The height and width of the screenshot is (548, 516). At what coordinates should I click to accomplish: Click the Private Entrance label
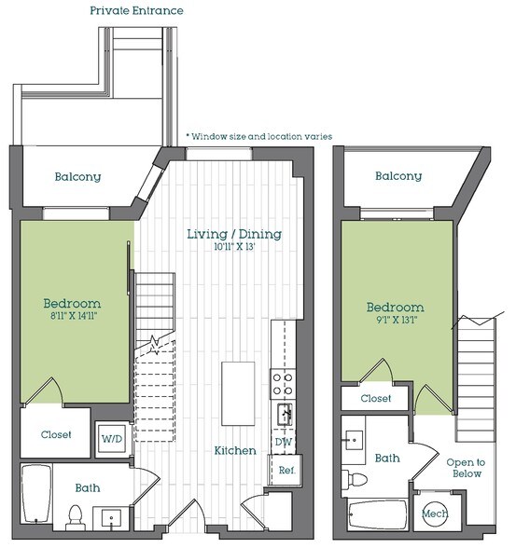coord(136,10)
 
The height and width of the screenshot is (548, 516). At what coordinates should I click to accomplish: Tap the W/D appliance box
coord(112,439)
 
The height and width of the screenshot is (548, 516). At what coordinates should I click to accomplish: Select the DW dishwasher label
coord(284,442)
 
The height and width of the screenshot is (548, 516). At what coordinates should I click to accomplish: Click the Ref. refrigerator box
coord(286,470)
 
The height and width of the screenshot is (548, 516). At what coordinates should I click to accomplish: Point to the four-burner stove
coord(283,384)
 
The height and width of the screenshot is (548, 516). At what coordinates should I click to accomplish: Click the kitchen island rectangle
coord(238,393)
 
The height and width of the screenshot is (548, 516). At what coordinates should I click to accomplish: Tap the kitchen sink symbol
coord(286,414)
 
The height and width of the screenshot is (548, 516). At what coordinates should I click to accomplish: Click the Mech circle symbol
coord(435,513)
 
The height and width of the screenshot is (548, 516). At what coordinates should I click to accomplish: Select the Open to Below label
coord(466,468)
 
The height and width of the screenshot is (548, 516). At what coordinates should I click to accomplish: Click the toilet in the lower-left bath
coord(75,517)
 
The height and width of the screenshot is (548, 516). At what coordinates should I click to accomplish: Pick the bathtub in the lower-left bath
coord(35,494)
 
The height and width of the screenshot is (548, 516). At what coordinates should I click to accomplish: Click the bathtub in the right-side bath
coord(378,514)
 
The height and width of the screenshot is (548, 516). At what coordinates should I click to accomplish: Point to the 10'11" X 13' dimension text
coord(234,247)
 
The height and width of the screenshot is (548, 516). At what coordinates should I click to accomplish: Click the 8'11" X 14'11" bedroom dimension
coord(74,316)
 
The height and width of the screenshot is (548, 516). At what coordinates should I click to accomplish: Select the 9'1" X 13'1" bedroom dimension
coord(397,320)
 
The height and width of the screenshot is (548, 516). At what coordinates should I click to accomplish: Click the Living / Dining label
coord(234,234)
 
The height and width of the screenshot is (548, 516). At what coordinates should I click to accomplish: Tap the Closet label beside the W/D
coord(56,434)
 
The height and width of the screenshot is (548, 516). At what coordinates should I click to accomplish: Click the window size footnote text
coord(258,136)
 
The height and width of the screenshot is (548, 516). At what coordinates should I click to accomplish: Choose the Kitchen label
coord(235,450)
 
